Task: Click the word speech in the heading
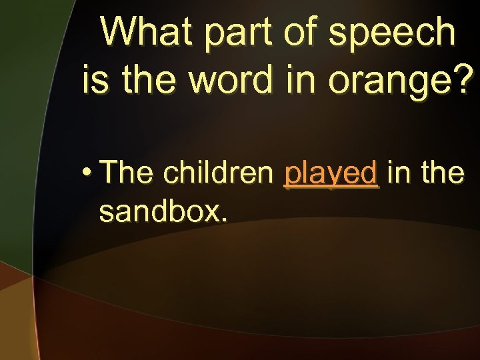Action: coord(392,33)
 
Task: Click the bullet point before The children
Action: coord(87,173)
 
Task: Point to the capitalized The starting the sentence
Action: coord(127,173)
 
